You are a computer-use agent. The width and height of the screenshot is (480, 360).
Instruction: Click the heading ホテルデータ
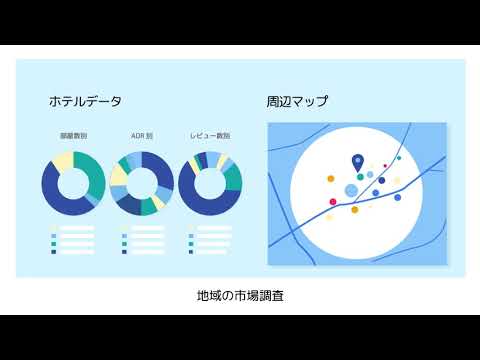85,101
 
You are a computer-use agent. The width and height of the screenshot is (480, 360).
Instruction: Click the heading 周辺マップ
298,101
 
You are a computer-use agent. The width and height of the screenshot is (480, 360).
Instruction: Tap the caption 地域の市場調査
240,297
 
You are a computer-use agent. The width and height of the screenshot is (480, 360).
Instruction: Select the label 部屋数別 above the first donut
73,135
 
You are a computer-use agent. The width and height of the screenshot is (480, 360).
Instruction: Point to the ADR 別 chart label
141,135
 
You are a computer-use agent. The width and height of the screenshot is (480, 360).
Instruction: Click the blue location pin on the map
358,162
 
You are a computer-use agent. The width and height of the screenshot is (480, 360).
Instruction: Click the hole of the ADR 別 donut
141,184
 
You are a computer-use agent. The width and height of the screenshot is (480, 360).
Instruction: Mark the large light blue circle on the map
351,191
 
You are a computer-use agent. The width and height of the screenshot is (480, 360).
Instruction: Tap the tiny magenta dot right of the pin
385,166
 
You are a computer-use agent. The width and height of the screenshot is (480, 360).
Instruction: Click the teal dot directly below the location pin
360,177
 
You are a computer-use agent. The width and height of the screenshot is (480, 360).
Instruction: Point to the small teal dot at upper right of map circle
399,158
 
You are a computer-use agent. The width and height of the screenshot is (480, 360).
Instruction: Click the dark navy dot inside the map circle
381,181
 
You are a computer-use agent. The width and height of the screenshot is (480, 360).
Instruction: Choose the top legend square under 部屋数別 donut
54,228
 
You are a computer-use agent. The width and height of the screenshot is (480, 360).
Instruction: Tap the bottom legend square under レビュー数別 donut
191,251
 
